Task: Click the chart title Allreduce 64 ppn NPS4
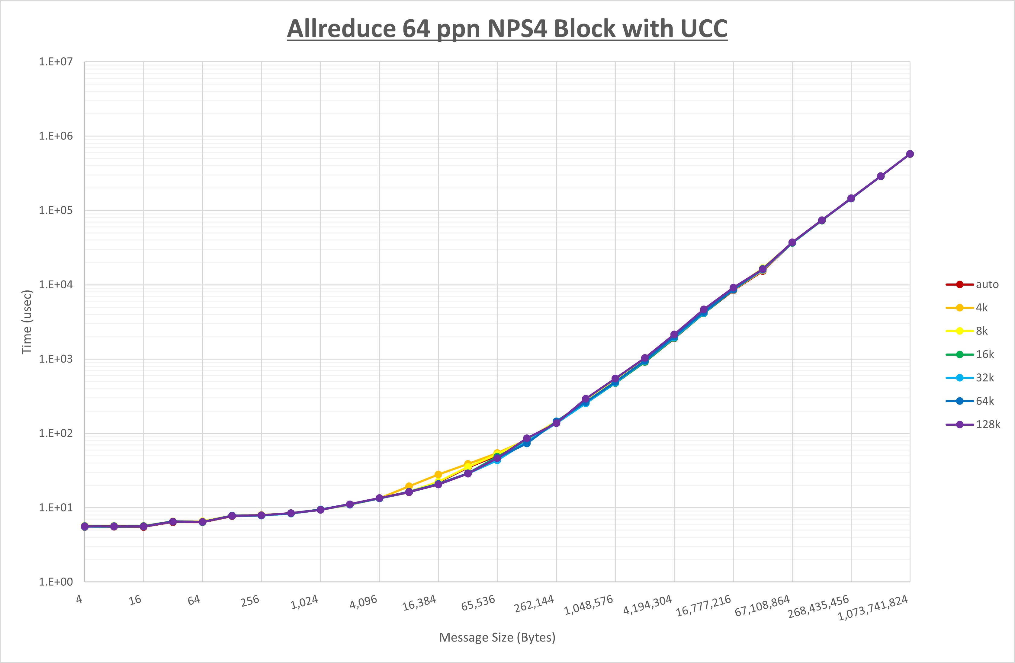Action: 507,29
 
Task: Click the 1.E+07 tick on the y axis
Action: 56,62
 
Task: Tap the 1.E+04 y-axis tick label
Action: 56,284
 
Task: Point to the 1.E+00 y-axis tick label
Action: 56,582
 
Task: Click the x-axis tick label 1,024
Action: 304,602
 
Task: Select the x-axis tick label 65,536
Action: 478,602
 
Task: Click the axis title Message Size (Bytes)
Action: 497,637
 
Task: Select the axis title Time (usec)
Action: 27,322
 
